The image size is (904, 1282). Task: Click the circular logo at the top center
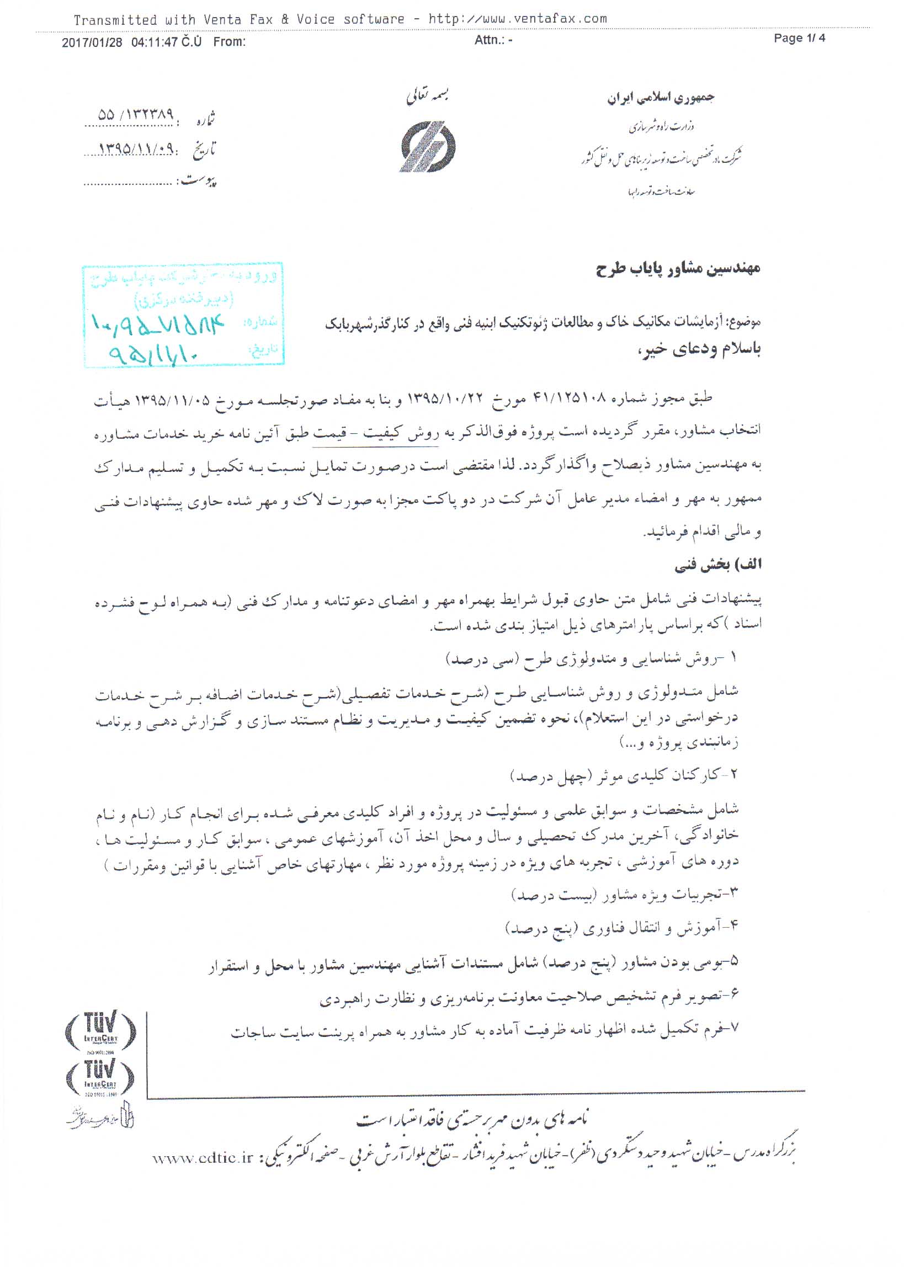428,147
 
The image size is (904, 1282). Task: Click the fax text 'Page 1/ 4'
799,38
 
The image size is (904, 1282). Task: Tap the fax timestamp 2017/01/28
92,42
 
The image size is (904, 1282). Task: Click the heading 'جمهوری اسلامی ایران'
661,98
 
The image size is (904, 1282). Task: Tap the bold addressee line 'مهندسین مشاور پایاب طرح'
678,269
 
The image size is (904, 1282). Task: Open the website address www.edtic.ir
203,1158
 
